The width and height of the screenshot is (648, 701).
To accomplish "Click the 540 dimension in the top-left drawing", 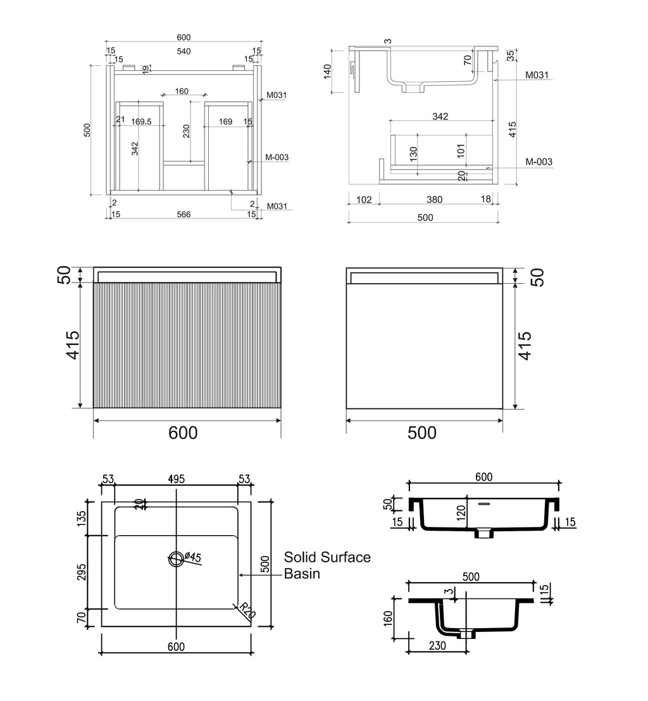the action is (184, 51).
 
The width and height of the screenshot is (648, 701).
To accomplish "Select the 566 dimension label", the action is (184, 215).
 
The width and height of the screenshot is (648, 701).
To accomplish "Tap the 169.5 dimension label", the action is (141, 122).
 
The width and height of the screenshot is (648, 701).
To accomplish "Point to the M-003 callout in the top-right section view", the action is (539, 162).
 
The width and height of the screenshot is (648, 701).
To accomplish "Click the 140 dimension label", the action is (328, 72).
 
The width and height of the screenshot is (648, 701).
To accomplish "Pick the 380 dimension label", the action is (434, 199).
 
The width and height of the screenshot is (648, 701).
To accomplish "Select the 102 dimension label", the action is (364, 199).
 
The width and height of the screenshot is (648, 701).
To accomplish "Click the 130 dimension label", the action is (413, 154).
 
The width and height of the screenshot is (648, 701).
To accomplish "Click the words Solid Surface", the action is (327, 557).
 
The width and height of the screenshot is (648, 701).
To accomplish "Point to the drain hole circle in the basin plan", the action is (176, 559).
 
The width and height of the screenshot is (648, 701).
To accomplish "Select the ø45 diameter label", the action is (192, 557).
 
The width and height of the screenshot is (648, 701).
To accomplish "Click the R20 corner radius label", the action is (247, 610).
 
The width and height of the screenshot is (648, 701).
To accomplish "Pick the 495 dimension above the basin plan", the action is (176, 479).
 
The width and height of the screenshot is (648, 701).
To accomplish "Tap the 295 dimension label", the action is (82, 572).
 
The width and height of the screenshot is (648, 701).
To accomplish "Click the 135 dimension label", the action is (82, 518).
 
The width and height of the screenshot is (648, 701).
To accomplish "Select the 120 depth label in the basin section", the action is (462, 510).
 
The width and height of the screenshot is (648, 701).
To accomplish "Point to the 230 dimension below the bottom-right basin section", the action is (437, 645).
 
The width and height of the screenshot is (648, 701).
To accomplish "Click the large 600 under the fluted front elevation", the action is (184, 433).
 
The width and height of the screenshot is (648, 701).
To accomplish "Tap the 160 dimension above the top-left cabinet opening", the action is (182, 91).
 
